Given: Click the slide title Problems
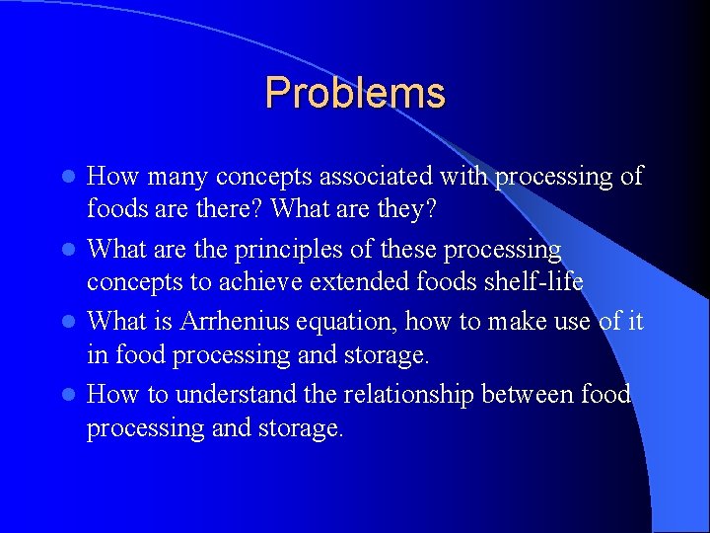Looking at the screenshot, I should (x=355, y=93).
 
